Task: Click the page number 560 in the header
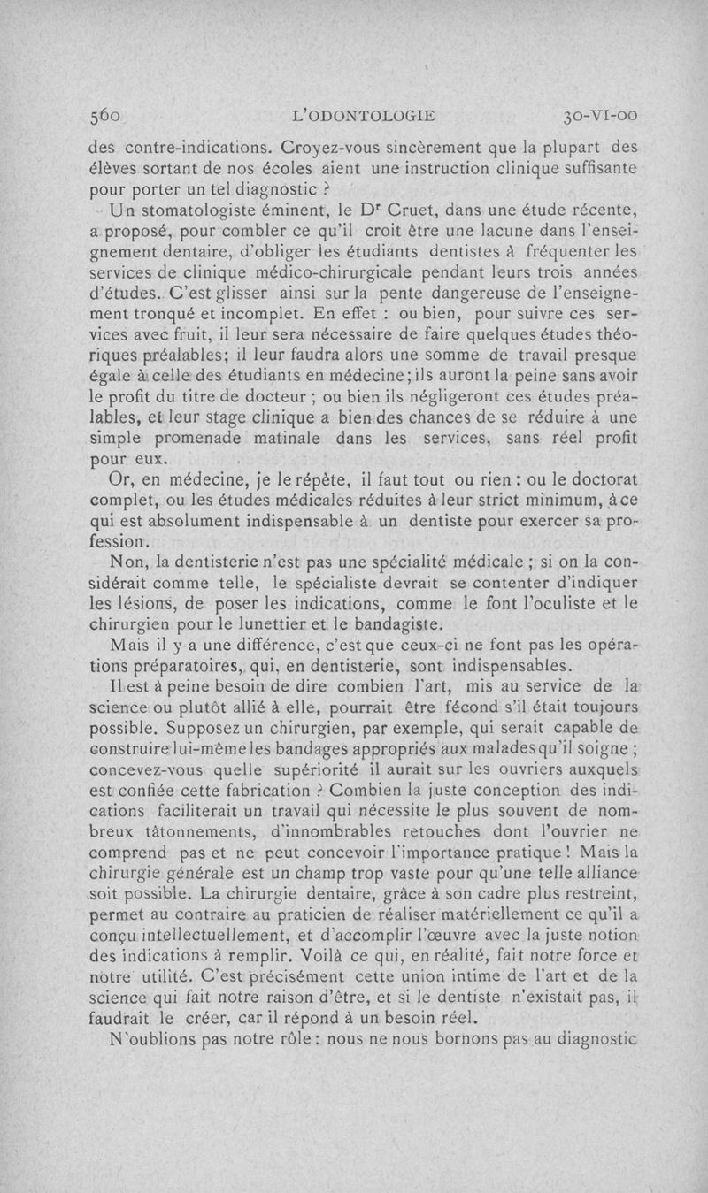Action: [105, 115]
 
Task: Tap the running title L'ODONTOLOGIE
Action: [366, 115]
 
